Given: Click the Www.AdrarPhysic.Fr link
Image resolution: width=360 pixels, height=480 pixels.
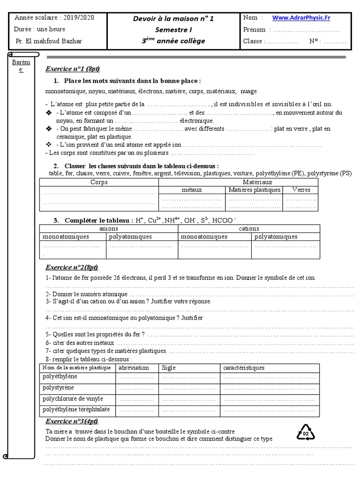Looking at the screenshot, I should (x=301, y=18).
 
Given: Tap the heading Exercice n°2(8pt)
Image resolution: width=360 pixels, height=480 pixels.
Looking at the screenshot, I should (x=71, y=267).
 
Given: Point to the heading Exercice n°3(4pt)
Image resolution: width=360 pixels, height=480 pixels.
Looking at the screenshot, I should (x=71, y=421).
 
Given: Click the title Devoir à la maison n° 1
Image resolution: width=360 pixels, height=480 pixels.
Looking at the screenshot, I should (x=173, y=19).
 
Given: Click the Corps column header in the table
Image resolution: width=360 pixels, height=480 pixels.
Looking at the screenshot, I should (x=99, y=182).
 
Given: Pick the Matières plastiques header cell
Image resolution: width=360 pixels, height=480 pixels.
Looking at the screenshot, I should (x=255, y=190).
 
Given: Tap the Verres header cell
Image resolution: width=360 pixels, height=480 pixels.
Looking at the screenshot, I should (x=301, y=190).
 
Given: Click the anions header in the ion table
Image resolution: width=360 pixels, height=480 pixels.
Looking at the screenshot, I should (x=109, y=228).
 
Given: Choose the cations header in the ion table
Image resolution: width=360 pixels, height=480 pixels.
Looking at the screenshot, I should (x=248, y=228).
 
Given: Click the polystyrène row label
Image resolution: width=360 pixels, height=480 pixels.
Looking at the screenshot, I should (x=58, y=388).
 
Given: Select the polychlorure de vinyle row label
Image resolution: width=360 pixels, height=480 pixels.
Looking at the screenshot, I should (x=71, y=398).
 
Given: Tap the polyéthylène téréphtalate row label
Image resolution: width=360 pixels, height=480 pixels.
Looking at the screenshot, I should (x=76, y=409).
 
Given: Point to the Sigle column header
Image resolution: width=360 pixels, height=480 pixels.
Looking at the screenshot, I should (x=169, y=367).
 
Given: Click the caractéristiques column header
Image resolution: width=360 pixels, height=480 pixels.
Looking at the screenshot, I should (x=244, y=367).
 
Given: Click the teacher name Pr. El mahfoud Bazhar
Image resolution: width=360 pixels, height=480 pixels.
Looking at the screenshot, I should (x=49, y=41).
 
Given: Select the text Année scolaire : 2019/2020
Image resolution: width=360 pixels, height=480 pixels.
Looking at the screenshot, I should (x=54, y=17).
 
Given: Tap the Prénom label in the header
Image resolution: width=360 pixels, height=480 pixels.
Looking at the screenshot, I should (x=254, y=30).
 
